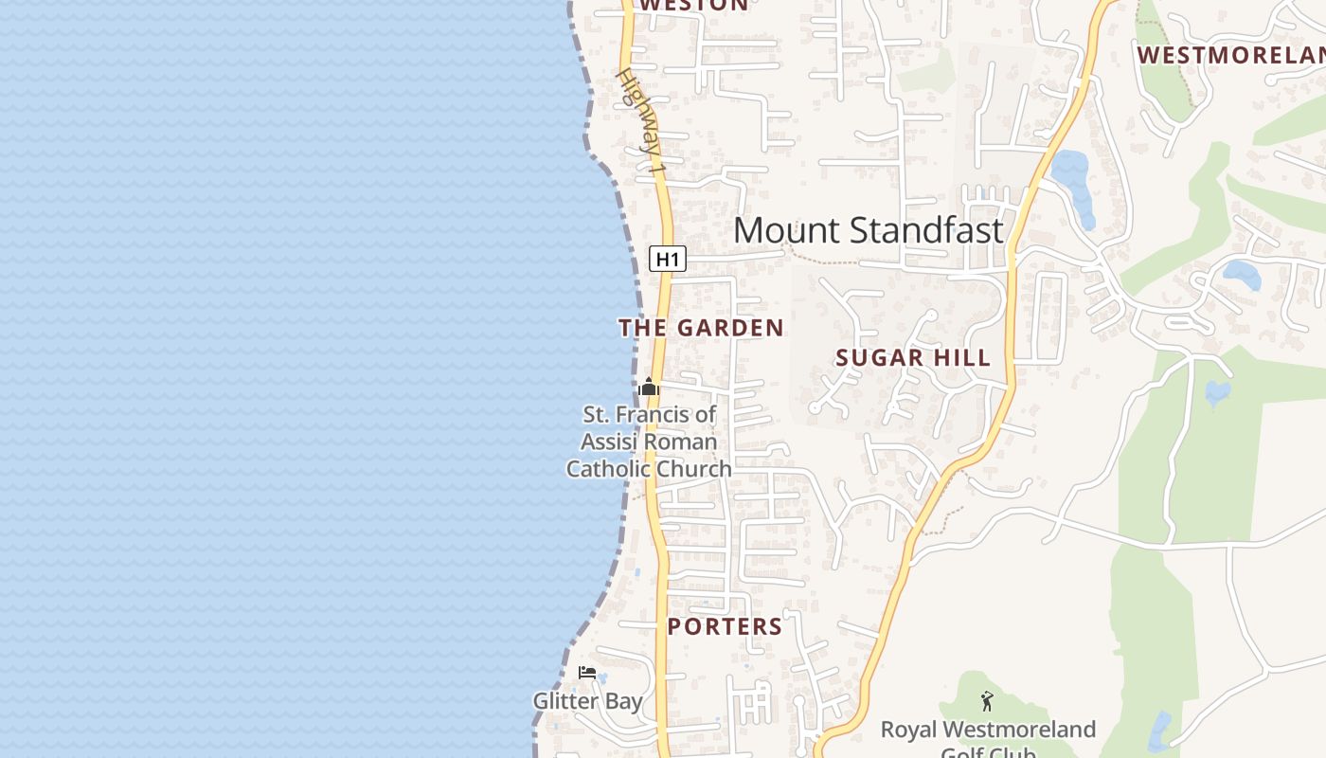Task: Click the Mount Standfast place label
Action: coord(868,230)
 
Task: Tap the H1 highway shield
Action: coord(667,259)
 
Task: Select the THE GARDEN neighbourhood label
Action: coord(701,328)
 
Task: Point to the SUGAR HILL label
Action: coord(913,357)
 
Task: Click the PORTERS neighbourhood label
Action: coord(725,626)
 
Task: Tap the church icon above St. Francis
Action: coord(649,387)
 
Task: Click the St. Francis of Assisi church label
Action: coord(649,442)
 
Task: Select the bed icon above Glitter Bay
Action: coord(587,673)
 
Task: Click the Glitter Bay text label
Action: coord(587,702)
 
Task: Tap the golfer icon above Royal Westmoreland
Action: coord(988,702)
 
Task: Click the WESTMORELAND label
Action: coord(1231,55)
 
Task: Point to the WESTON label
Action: coord(693,5)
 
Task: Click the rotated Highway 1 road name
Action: coord(642,120)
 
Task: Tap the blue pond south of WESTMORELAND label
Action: coord(1241,275)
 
